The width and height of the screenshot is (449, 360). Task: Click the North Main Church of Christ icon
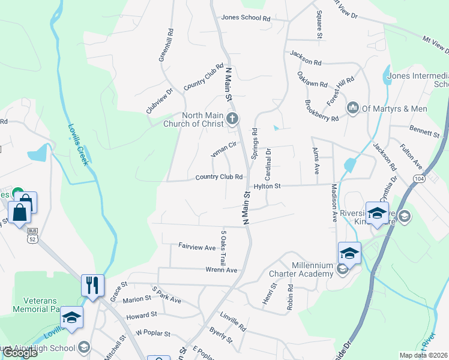pos(232,118)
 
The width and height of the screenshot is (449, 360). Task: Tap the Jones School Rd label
pos(246,18)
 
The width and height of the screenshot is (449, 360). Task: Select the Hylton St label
pos(267,187)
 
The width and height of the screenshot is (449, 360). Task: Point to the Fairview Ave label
pos(197,247)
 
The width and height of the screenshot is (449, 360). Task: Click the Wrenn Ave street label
pos(222,270)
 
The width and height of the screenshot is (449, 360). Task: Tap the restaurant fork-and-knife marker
pos(92,284)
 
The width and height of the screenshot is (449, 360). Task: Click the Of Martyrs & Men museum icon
pos(352,108)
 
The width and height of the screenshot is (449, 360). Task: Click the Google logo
pos(20,352)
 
